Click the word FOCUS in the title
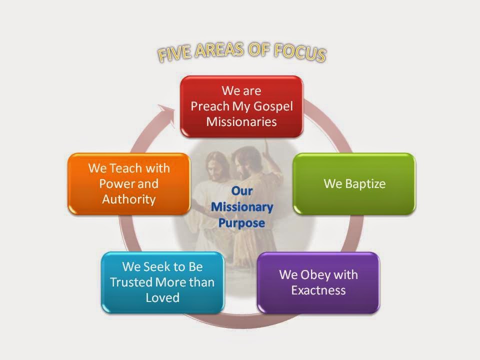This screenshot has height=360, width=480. [299, 53]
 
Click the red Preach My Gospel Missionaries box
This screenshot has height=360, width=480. [241, 106]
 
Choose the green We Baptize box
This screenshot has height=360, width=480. [354, 183]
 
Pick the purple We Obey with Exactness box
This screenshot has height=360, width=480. [318, 282]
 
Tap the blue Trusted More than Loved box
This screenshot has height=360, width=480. [162, 282]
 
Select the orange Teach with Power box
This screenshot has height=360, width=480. [129, 183]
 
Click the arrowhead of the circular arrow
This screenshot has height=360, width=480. [166, 114]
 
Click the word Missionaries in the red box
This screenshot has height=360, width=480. [241, 122]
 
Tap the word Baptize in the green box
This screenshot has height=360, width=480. [365, 184]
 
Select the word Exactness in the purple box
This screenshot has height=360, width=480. [318, 290]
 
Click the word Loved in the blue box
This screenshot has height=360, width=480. [162, 297]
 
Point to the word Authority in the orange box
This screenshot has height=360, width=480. [129, 199]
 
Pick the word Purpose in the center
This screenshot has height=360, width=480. [241, 223]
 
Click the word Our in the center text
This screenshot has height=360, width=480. [242, 191]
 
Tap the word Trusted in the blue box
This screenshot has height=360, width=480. [130, 282]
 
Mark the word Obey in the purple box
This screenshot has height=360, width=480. [315, 275]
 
